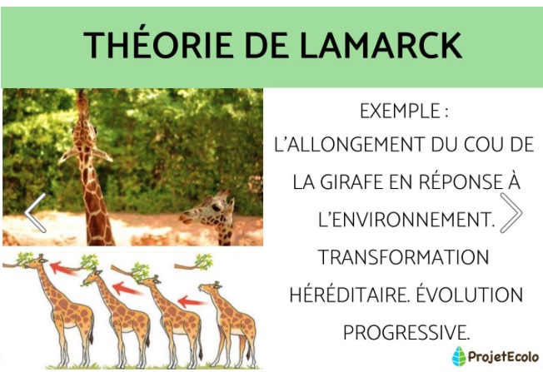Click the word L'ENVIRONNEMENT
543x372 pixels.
(406, 219)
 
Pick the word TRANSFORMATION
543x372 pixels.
(403, 257)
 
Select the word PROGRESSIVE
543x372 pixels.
(406, 332)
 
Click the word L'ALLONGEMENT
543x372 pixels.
(349, 144)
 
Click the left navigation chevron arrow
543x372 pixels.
(35, 212)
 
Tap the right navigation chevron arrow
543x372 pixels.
(511, 212)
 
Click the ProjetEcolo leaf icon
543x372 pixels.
(459, 356)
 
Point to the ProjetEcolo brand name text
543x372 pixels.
(504, 356)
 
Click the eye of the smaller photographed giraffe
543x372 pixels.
(216, 207)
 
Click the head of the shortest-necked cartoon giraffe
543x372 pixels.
(210, 288)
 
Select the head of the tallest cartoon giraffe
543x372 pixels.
(36, 261)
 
